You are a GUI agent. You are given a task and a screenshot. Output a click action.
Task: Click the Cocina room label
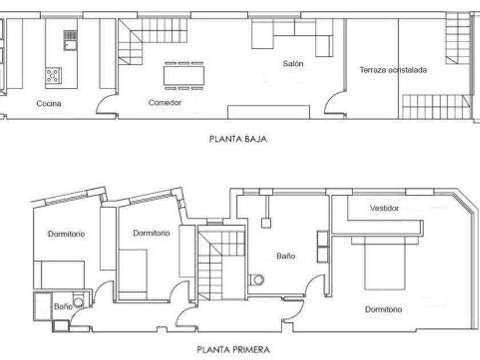(x=49, y=103)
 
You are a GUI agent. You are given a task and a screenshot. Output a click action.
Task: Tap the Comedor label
(x=165, y=102)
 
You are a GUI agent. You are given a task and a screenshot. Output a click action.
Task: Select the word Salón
(x=293, y=63)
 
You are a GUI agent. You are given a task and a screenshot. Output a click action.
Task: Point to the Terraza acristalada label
(x=393, y=70)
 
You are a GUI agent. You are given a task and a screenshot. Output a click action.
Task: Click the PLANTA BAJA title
(x=238, y=139)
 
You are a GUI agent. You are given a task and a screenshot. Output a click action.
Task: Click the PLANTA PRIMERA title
(x=233, y=349)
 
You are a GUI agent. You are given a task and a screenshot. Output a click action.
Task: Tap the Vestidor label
(x=384, y=208)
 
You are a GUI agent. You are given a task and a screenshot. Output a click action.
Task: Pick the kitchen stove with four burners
(x=53, y=75)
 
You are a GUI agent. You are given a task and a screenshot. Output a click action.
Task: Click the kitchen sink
(x=70, y=40)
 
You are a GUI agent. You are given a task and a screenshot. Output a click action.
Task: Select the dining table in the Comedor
(x=183, y=75)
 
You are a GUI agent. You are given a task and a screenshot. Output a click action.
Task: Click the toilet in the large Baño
(x=257, y=279)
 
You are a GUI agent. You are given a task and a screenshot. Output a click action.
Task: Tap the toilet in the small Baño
(x=78, y=302)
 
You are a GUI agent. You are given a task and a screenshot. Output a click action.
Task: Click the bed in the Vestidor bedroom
(x=385, y=263)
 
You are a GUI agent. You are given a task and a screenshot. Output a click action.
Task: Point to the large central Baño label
(x=286, y=256)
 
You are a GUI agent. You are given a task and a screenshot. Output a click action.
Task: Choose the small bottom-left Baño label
(x=63, y=306)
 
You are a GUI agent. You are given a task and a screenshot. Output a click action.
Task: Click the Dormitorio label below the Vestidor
(x=383, y=310)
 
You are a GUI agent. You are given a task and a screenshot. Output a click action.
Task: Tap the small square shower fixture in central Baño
(x=266, y=222)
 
